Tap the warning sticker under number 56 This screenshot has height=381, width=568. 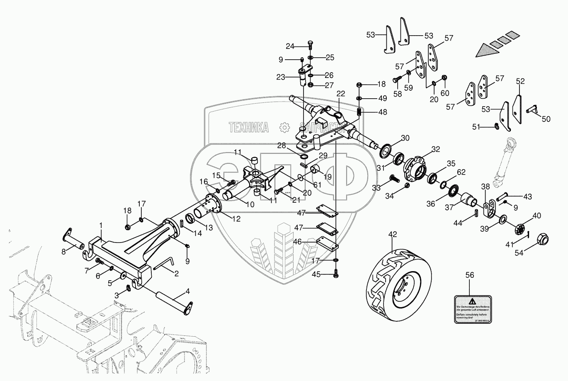(x=472, y=309)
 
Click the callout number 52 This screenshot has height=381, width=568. (x=521, y=82)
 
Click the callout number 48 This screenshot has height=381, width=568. (x=382, y=112)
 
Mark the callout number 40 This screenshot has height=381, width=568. (x=537, y=216)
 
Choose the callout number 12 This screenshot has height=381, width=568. (x=236, y=219)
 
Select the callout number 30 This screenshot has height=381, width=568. (x=405, y=138)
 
